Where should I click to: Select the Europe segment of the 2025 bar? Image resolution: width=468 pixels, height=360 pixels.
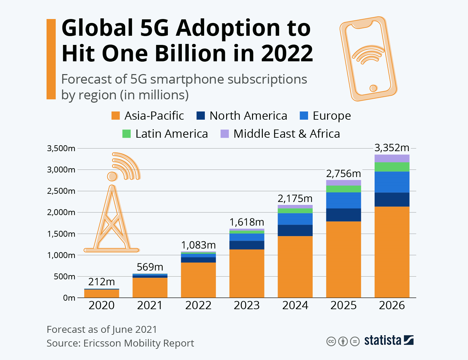coord(343,200)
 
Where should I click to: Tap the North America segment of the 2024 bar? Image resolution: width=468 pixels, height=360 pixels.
coord(295,230)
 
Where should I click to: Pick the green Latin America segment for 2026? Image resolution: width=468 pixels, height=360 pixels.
coord(392,167)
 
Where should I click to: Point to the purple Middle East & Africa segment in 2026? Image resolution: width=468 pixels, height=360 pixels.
coord(392,158)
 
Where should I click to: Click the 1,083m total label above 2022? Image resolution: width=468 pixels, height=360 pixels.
coord(198,245)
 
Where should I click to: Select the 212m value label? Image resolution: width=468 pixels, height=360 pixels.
coord(102,282)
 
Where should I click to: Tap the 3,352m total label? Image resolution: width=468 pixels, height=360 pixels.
coord(392,148)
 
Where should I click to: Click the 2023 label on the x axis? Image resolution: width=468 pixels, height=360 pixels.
coord(246,305)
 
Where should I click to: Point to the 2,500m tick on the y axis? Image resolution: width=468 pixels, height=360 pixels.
coord(61,191)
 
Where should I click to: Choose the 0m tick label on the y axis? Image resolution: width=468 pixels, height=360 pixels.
coord(69,298)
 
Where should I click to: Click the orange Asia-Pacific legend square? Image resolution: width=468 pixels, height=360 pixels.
coord(115,116)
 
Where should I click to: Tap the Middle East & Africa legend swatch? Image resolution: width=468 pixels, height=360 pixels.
coord(224,134)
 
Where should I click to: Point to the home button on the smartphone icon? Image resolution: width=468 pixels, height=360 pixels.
coord(373,88)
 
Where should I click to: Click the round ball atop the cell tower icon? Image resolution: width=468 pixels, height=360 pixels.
coord(112,176)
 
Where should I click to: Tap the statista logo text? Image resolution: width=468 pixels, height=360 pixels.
coord(382,341)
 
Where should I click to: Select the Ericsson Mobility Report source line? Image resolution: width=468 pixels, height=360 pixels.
coord(120,343)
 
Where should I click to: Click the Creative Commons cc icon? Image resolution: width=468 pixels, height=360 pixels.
coord(331,341)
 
